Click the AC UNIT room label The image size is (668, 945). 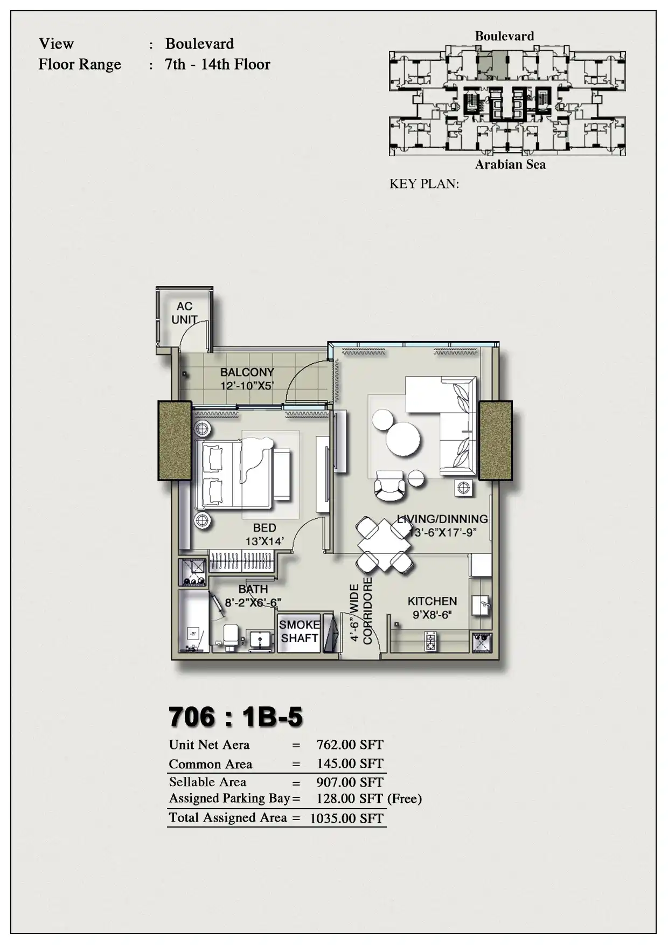[x=184, y=313]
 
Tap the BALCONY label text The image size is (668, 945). [x=247, y=372]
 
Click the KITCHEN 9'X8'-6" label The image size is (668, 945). [x=432, y=608]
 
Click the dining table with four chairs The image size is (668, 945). [x=384, y=545]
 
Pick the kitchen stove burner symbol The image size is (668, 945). [x=430, y=642]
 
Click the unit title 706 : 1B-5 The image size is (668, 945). [x=236, y=717]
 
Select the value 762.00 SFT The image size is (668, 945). [x=350, y=745]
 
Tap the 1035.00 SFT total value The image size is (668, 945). [x=347, y=818]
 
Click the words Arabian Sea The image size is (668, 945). [x=510, y=165]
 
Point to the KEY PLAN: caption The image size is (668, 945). [x=425, y=184]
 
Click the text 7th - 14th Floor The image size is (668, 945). [x=218, y=65]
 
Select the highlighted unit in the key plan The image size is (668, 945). [x=492, y=65]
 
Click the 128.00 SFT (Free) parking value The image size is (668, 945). [x=369, y=798]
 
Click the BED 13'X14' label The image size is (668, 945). [x=265, y=534]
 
